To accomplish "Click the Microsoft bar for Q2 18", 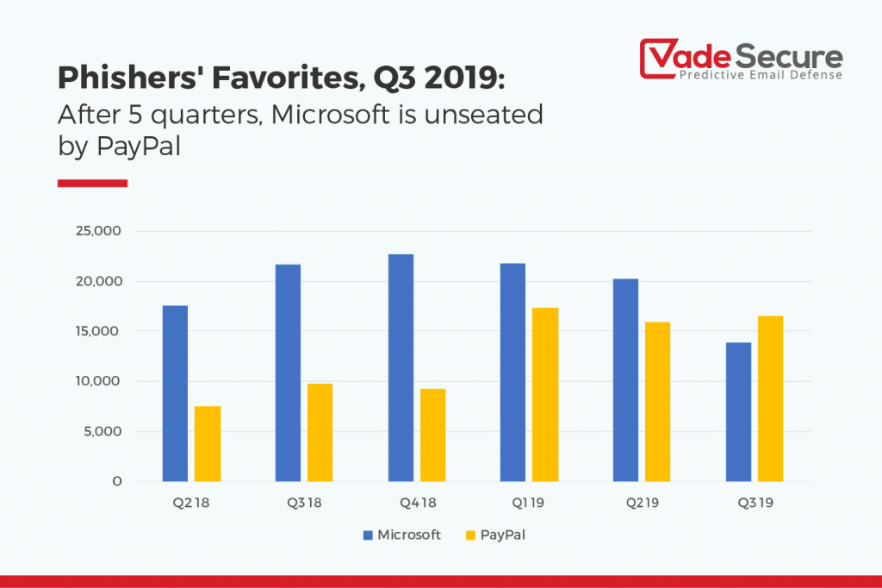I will coord(175,393).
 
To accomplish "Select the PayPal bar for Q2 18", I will coord(208,443).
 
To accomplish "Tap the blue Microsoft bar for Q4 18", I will coord(401,367).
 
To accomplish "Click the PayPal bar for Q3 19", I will coord(770,398).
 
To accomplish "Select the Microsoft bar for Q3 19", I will coord(738,411).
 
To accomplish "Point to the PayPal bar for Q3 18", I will coord(320,432).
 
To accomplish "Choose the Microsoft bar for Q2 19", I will coord(625,379).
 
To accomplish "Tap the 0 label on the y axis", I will coord(115,481).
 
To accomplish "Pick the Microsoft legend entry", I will coord(401,535).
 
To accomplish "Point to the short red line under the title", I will coord(92,183).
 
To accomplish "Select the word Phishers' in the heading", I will coord(118,79).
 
